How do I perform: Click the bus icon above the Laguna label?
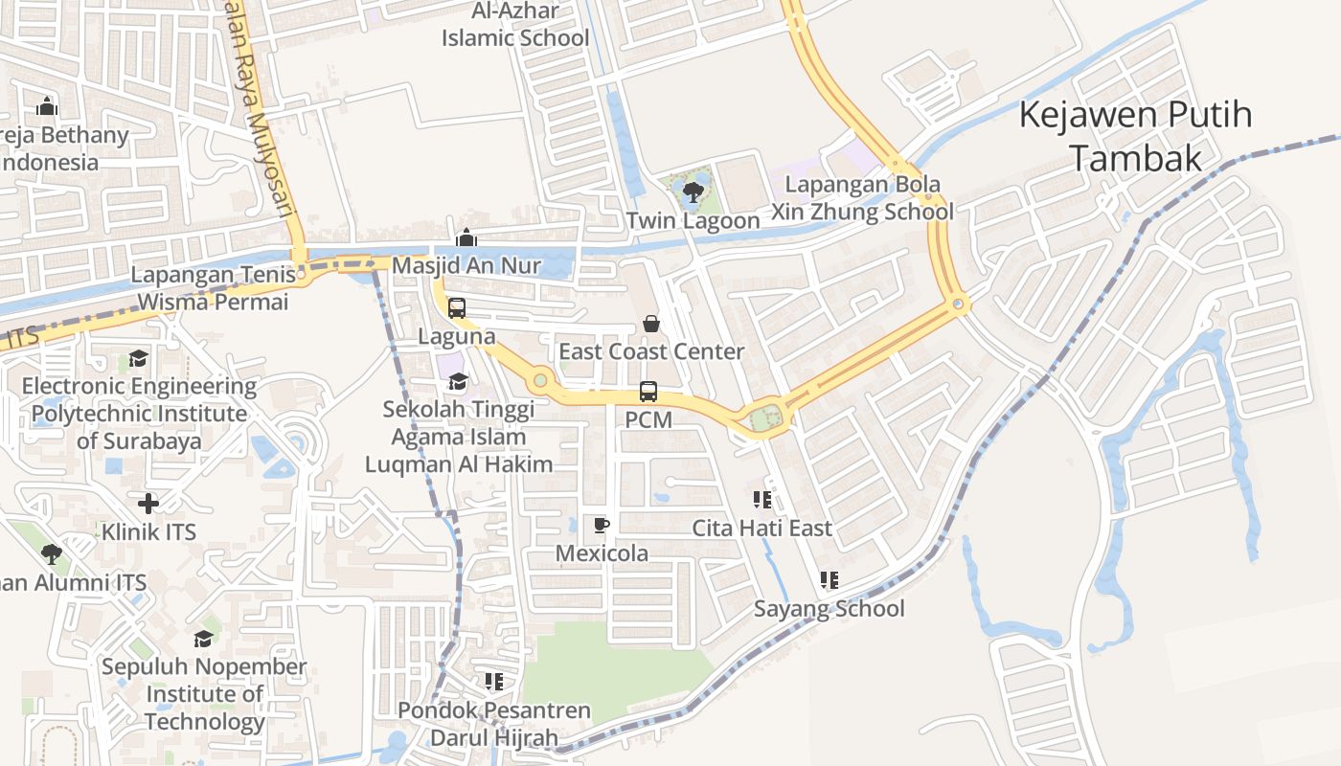pos(457,308)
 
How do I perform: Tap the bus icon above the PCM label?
pos(648,392)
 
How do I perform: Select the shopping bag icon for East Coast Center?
pos(651,324)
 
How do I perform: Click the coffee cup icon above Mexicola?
pos(602,525)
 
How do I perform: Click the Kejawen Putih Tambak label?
pos(1135,136)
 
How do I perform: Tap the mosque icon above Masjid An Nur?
pos(466,237)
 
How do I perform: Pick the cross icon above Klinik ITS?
pos(148,504)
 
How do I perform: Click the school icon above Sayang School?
pos(830,580)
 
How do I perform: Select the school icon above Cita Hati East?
pos(762,500)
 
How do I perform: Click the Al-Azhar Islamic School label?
pos(515,25)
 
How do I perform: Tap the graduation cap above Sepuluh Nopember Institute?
pos(203,639)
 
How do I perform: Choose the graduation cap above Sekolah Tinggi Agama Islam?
pos(458,382)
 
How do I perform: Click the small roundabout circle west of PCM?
pos(540,381)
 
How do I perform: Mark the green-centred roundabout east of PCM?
pos(765,418)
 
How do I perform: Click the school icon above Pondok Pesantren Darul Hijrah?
pos(494,682)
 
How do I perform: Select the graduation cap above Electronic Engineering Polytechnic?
pos(139,359)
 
